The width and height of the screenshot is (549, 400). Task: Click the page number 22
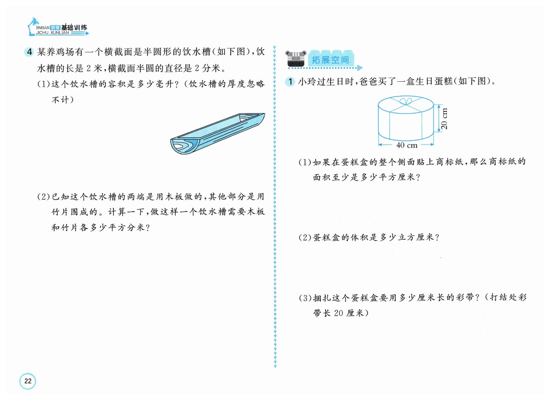pyautogui.click(x=28, y=381)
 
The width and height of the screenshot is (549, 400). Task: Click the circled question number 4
pyautogui.click(x=29, y=52)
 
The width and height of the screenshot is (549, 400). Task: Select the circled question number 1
pyautogui.click(x=290, y=81)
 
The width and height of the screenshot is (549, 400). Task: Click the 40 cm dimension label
pyautogui.click(x=407, y=145)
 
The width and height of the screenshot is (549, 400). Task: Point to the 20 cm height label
pyautogui.click(x=444, y=118)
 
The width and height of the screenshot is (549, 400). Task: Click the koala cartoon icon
pyautogui.click(x=296, y=59)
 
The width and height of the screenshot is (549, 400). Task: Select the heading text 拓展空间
pyautogui.click(x=330, y=60)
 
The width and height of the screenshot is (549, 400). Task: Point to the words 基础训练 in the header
pyautogui.click(x=74, y=28)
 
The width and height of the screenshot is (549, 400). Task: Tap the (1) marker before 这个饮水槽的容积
pyautogui.click(x=44, y=84)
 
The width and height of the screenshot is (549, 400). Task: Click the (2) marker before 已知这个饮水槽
pyautogui.click(x=44, y=197)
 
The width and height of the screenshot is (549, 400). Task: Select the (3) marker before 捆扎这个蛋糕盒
pyautogui.click(x=305, y=298)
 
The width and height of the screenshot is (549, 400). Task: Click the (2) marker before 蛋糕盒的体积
pyautogui.click(x=305, y=237)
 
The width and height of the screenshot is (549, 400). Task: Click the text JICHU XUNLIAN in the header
pyautogui.click(x=52, y=33)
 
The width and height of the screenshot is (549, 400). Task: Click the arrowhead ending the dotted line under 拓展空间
pyautogui.click(x=360, y=68)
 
